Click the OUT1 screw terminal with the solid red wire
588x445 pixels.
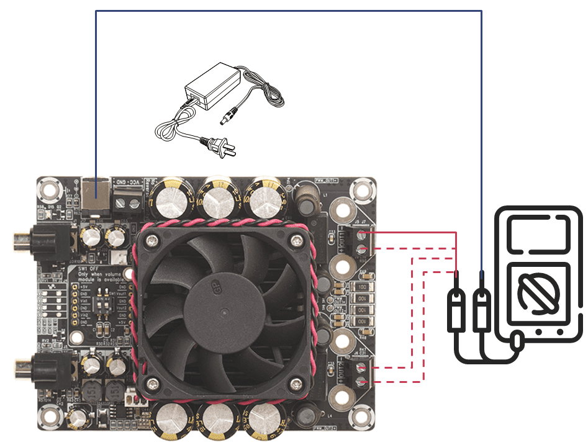point(362,234)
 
